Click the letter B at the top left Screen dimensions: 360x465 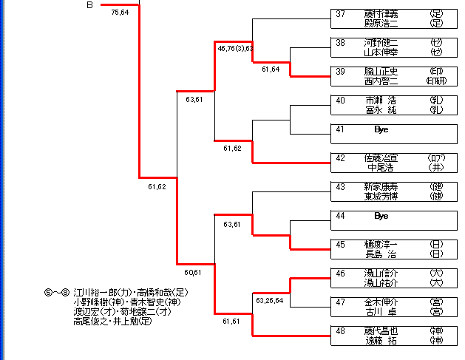pyautogui.click(x=89, y=5)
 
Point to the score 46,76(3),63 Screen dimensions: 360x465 pyautogui.click(x=235, y=49)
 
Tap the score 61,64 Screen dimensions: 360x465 pyautogui.click(x=271, y=69)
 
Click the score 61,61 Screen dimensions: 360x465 pyautogui.click(x=231, y=322)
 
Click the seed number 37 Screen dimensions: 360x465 pyautogui.click(x=340, y=14)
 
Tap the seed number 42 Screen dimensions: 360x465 pyautogui.click(x=340, y=158)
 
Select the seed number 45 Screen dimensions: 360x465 pyautogui.click(x=340, y=245)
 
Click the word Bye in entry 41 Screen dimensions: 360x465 pyautogui.click(x=381, y=129)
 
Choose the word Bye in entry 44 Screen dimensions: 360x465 pyautogui.click(x=381, y=216)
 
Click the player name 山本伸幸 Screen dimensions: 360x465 pyautogui.click(x=381, y=52)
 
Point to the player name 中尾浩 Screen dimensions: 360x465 pyautogui.click(x=382, y=168)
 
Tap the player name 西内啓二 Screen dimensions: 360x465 pyautogui.click(x=381, y=81)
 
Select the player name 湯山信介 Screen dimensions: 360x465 pyautogui.click(x=381, y=274)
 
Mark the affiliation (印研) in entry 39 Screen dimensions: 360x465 pyautogui.click(x=436, y=81)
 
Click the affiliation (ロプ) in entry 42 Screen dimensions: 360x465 pyautogui.click(x=436, y=158)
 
